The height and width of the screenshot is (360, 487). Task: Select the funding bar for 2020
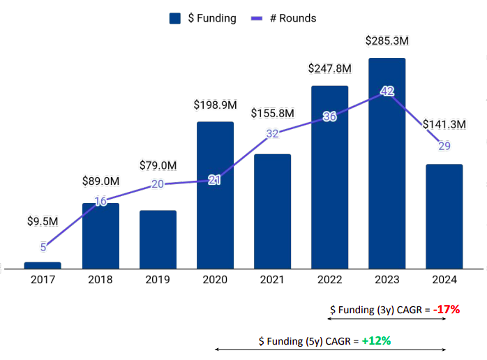pyautogui.click(x=215, y=195)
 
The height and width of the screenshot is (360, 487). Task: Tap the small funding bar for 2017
pyautogui.click(x=43, y=265)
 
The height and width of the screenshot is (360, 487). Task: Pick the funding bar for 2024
pyautogui.click(x=444, y=216)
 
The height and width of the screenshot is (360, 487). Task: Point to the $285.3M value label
pyautogui.click(x=387, y=40)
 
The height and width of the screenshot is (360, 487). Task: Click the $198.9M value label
pyautogui.click(x=215, y=105)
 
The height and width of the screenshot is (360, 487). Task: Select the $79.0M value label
pyautogui.click(x=158, y=165)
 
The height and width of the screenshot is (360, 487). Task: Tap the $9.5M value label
pyautogui.click(x=43, y=222)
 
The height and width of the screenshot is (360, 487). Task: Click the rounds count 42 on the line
pyautogui.click(x=387, y=91)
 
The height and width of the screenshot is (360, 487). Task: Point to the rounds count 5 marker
pyautogui.click(x=43, y=246)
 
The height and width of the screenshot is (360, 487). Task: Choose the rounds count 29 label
pyautogui.click(x=444, y=145)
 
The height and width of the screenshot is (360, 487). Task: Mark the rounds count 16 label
pyautogui.click(x=100, y=202)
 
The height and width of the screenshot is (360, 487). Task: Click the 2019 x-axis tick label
pyautogui.click(x=158, y=280)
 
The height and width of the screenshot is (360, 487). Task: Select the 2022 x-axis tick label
pyautogui.click(x=329, y=280)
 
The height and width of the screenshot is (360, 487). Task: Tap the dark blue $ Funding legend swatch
pyautogui.click(x=175, y=18)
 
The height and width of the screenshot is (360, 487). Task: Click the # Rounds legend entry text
pyautogui.click(x=292, y=18)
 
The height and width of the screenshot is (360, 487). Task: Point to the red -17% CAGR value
pyautogui.click(x=446, y=309)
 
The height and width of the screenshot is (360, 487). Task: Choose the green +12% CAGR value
pyautogui.click(x=375, y=340)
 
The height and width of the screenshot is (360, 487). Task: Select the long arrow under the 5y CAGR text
pyautogui.click(x=329, y=350)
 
